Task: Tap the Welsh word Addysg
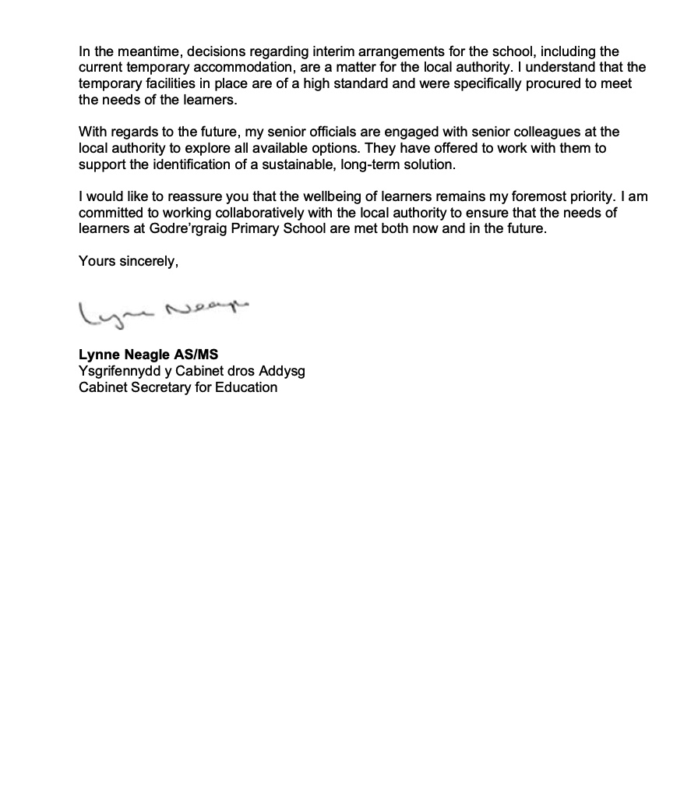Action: click(281, 371)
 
